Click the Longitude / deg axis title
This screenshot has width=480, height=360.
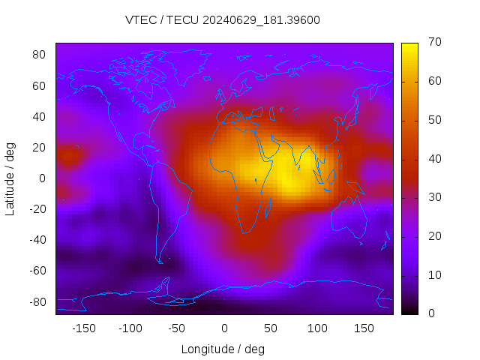coord(223,349)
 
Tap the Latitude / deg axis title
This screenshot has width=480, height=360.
coord(10,178)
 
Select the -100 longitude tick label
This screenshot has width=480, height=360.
coord(130,328)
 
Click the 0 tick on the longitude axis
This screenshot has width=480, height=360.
coord(223,328)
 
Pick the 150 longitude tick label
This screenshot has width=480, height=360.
coord(364,328)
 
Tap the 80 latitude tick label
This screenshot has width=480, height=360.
coord(40,55)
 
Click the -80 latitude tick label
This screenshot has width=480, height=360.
coord(37,301)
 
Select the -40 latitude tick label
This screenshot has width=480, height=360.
coord(37,240)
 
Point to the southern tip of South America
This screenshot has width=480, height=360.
coord(160,262)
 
